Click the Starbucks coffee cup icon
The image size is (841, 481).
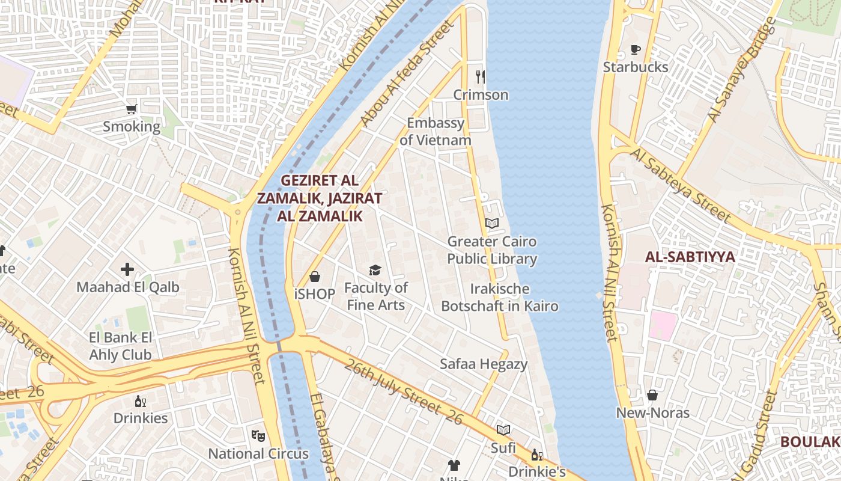click(x=636, y=50)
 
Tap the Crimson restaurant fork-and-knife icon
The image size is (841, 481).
click(x=480, y=77)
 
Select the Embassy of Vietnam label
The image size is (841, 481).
click(x=436, y=132)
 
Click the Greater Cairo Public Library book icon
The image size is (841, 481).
click(x=492, y=224)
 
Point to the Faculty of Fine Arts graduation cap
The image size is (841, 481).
click(x=375, y=271)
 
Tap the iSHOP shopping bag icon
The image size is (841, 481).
click(x=314, y=277)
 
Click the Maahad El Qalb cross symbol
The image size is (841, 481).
click(x=127, y=269)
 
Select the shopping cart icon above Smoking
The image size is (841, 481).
click(x=132, y=109)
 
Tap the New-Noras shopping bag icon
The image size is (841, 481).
click(x=652, y=395)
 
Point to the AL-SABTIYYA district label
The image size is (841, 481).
click(x=690, y=257)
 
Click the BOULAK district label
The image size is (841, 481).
click(x=810, y=442)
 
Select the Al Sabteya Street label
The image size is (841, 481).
click(x=681, y=186)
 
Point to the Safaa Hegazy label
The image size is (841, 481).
click(x=484, y=364)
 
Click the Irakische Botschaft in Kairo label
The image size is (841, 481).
click(x=500, y=298)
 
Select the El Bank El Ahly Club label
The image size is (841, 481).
click(x=121, y=346)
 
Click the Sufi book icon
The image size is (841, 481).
click(x=503, y=430)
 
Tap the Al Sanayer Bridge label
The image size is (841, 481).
click(x=742, y=70)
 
